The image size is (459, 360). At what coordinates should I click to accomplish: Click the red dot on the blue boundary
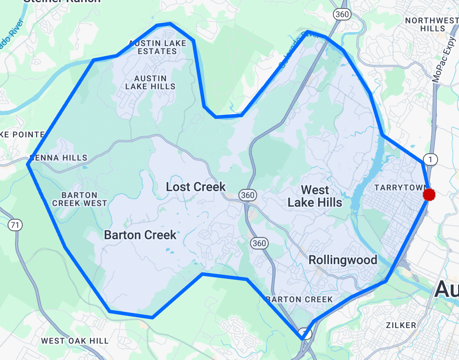pyautogui.click(x=429, y=195)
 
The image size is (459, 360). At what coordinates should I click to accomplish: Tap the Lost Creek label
pyautogui.click(x=196, y=187)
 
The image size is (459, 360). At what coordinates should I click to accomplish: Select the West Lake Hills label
pyautogui.click(x=315, y=196)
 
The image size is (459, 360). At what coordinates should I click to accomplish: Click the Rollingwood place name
pyautogui.click(x=343, y=260)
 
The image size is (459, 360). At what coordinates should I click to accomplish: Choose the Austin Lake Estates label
pyautogui.click(x=157, y=47)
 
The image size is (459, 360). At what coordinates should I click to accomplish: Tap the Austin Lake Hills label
pyautogui.click(x=150, y=82)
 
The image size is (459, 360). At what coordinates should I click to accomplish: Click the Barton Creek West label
pyautogui.click(x=79, y=199)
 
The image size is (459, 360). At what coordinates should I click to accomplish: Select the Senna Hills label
pyautogui.click(x=58, y=158)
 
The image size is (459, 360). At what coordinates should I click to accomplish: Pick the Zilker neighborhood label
pyautogui.click(x=401, y=325)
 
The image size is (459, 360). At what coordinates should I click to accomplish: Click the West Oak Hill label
pyautogui.click(x=74, y=341)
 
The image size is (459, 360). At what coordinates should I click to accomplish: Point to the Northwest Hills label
pyautogui.click(x=431, y=25)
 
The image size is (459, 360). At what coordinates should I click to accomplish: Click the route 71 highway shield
pyautogui.click(x=15, y=225)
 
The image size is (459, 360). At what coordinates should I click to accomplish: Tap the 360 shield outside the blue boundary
pyautogui.click(x=342, y=14)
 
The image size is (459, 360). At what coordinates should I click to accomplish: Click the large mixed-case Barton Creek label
pyautogui.click(x=140, y=235)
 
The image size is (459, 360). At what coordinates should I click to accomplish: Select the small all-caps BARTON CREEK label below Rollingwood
pyautogui.click(x=299, y=299)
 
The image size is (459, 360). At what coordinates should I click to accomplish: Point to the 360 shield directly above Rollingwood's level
pyautogui.click(x=258, y=243)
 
